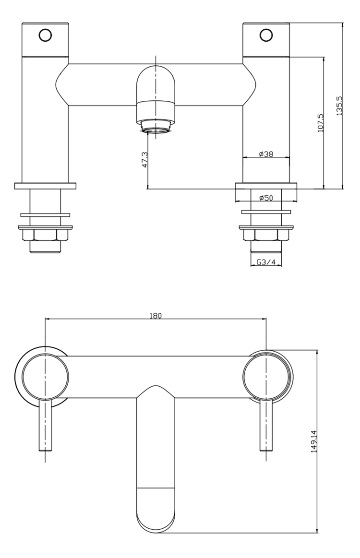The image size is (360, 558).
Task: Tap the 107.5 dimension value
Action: click(320, 123)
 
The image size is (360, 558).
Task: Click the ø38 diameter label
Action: click(266, 154)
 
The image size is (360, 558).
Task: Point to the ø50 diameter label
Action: click(266, 198)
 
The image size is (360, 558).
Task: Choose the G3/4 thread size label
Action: click(266, 262)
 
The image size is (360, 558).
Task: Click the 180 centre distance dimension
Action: click(156, 315)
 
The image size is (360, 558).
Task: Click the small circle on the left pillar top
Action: click(46, 35)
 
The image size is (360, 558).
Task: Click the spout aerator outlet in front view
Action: click(156, 127)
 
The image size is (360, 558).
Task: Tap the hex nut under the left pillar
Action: click(45, 235)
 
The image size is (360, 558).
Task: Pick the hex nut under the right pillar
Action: click(266, 235)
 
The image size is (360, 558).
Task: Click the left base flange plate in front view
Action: click(45, 186)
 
